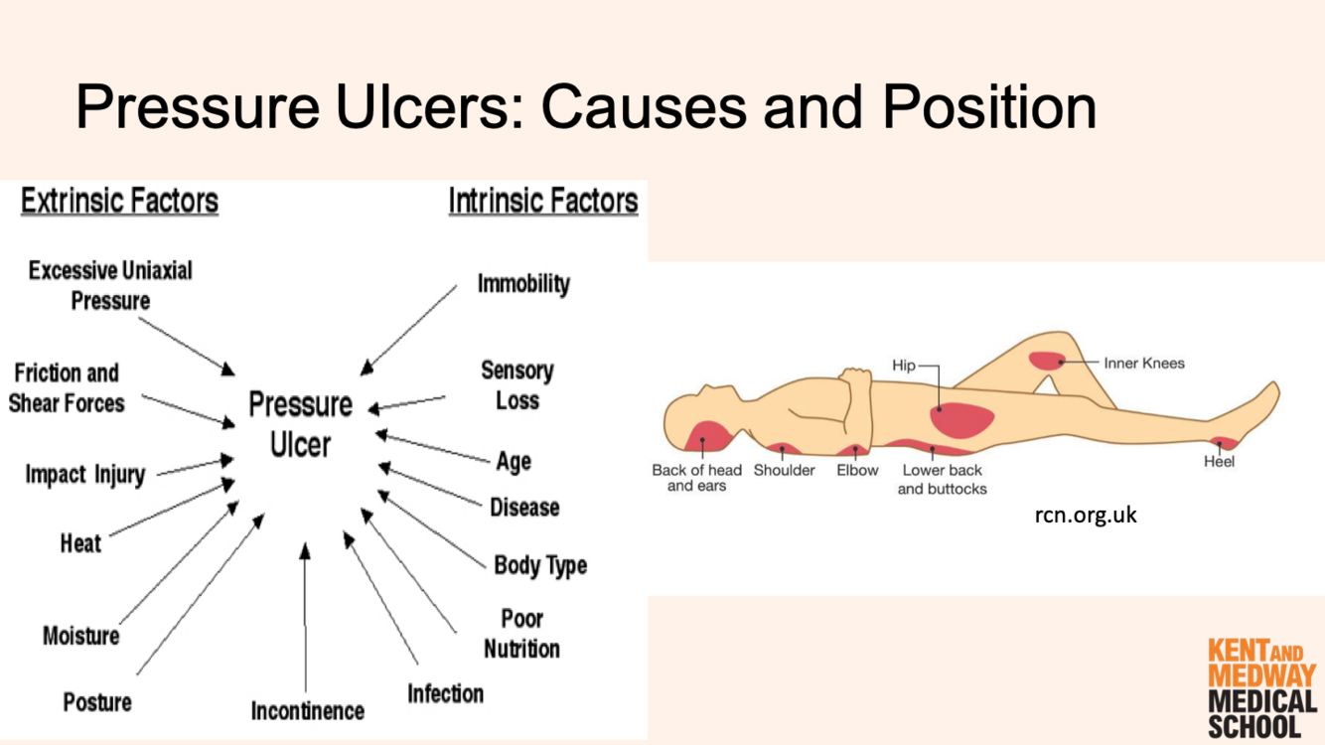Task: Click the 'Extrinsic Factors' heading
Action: (x=119, y=202)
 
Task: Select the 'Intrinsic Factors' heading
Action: (x=542, y=202)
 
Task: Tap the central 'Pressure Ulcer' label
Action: (x=300, y=424)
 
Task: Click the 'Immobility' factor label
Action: (x=523, y=284)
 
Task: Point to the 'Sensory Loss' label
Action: (x=516, y=385)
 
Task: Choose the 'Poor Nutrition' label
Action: (x=521, y=634)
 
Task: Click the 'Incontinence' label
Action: (x=307, y=711)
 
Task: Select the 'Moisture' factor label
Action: (x=81, y=636)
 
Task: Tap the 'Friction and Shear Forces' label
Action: (x=67, y=388)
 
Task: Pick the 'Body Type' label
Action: (x=540, y=566)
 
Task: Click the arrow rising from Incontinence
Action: (x=305, y=616)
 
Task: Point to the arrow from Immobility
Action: (x=409, y=330)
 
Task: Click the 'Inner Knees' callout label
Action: (x=1144, y=364)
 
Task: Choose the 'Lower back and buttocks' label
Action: (x=942, y=479)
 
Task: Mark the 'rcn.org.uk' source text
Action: (x=1086, y=516)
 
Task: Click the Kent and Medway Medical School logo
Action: (x=1261, y=688)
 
